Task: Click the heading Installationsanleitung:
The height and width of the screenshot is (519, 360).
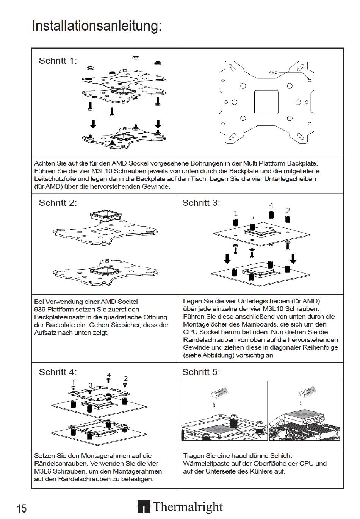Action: (97, 26)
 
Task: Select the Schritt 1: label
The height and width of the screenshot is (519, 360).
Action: (58, 61)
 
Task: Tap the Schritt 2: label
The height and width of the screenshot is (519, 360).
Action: (58, 203)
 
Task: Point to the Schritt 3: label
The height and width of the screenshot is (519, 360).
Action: (201, 203)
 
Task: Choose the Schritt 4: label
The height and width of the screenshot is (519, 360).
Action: (58, 372)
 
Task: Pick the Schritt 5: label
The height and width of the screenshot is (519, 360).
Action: (201, 372)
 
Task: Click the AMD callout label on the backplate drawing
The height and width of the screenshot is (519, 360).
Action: (273, 72)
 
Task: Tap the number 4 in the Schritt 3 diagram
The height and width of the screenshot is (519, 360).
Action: (271, 206)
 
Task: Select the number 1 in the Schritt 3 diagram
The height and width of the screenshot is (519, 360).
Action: (236, 213)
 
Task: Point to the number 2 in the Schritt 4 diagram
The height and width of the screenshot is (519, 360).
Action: (126, 378)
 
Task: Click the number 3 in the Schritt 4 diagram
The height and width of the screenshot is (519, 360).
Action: (90, 385)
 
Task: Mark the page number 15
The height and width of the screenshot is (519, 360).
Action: (22, 508)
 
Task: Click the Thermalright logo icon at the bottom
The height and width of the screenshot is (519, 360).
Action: (144, 507)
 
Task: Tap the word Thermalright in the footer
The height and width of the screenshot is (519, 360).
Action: (188, 507)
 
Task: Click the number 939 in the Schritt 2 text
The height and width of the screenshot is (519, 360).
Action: (40, 310)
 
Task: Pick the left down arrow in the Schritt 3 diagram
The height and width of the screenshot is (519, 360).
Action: (227, 259)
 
